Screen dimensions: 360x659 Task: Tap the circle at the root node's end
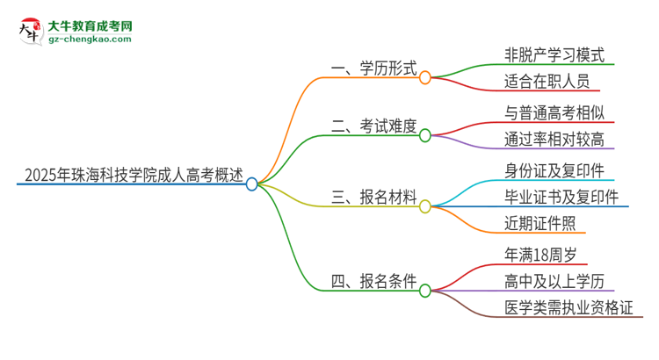252,184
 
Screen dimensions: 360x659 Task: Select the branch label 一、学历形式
373,67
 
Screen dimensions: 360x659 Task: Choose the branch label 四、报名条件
373,281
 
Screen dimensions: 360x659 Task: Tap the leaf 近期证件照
535,224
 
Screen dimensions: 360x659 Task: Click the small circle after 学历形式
425,77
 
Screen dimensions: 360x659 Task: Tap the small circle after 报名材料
425,207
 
